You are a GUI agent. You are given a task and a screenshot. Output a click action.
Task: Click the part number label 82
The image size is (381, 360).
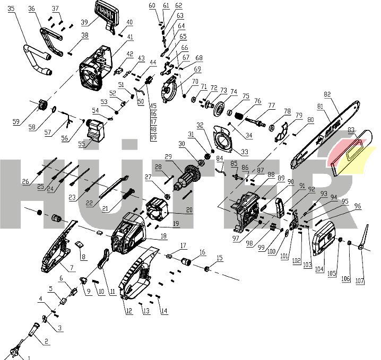point(327,94)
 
